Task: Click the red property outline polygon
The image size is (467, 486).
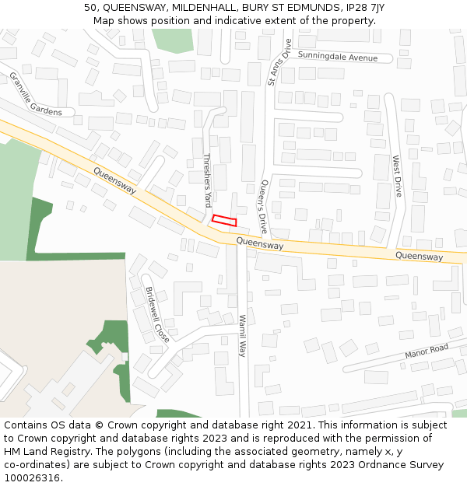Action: [x=224, y=221]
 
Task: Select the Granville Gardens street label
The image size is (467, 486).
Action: [x=35, y=94]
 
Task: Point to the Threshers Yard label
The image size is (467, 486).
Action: [x=207, y=180]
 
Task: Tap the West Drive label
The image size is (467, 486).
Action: [x=397, y=176]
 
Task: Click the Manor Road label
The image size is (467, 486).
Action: [x=427, y=351]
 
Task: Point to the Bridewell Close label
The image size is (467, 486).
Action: [x=157, y=314]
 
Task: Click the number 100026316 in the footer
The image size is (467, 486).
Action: [x=31, y=478]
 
